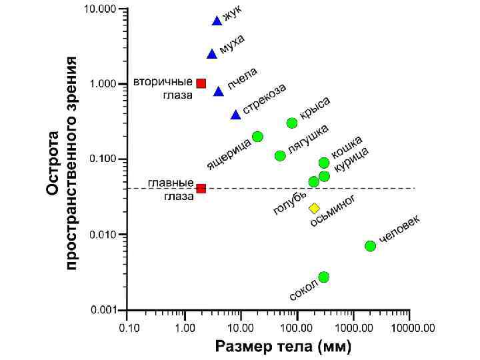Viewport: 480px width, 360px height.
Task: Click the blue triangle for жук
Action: (x=217, y=21)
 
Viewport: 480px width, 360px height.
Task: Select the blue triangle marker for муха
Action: (x=212, y=54)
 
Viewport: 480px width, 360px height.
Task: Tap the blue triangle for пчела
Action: (x=219, y=91)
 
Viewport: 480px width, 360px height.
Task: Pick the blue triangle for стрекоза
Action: (x=236, y=115)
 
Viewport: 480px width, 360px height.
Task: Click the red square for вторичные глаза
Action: (x=201, y=83)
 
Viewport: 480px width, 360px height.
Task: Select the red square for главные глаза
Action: (x=201, y=189)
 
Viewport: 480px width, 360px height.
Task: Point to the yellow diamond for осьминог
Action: (x=315, y=209)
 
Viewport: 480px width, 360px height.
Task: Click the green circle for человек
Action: (x=371, y=246)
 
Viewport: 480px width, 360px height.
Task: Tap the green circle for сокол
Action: (x=324, y=277)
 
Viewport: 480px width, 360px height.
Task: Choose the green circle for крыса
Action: (x=292, y=123)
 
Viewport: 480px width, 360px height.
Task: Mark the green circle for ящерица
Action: (x=257, y=137)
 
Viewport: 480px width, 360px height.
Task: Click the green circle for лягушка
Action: (x=280, y=156)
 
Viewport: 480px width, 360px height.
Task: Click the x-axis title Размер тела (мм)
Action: (x=283, y=347)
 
